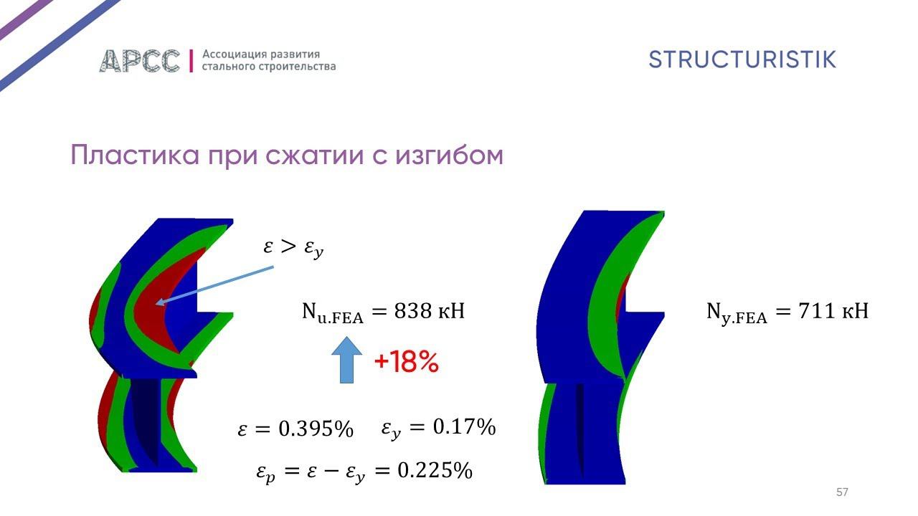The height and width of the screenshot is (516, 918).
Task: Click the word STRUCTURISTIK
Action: [742, 59]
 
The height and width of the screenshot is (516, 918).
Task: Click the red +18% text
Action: [406, 363]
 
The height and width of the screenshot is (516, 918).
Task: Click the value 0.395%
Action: [316, 429]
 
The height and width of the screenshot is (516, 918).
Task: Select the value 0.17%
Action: [464, 428]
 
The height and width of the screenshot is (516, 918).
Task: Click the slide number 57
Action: [842, 492]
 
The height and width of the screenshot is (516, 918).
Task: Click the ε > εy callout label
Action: [293, 248]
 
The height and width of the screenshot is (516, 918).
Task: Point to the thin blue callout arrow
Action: [215, 285]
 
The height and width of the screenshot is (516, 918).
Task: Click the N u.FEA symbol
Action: [332, 313]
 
